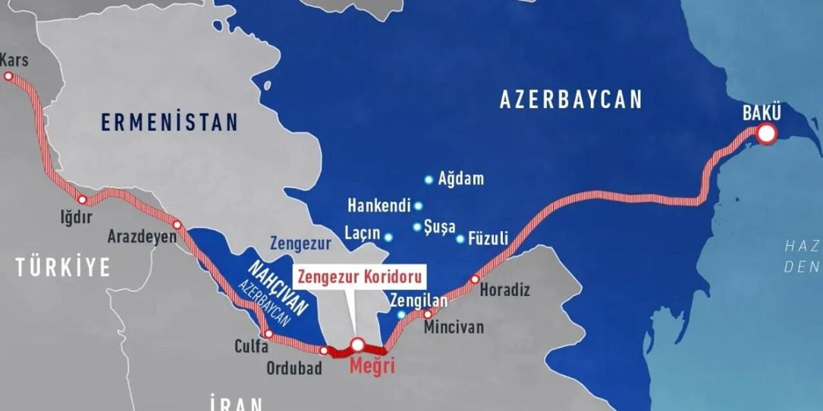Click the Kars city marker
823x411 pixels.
point(8,76)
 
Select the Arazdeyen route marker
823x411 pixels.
point(177,225)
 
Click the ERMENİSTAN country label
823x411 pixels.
point(169,122)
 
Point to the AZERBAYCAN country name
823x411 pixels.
point(571,100)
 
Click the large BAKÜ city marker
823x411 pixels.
point(766,134)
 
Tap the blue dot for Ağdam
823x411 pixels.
point(428,180)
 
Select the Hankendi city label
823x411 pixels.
point(379,206)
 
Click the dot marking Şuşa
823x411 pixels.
point(417,227)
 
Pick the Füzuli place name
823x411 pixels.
point(489,238)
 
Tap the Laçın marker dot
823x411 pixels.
point(388,237)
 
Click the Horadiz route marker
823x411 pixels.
point(475,279)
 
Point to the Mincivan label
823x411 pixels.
point(453,327)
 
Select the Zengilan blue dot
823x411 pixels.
point(401,315)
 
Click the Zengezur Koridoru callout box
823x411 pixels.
point(361,277)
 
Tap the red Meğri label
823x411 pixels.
point(372,367)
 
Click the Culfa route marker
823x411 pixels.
point(269,333)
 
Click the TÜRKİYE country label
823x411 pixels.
point(63,267)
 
